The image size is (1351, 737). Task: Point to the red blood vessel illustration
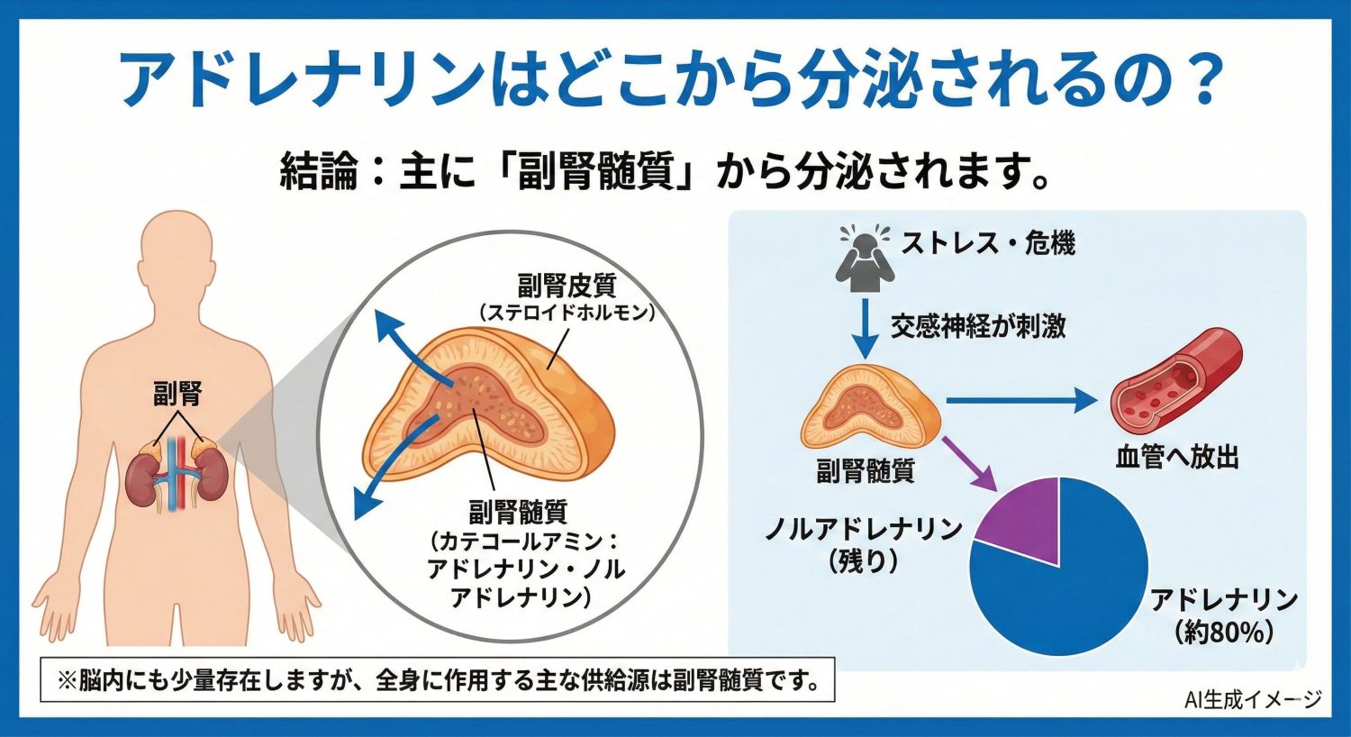[x=1175, y=378]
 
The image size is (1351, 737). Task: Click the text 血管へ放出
[x=1177, y=458]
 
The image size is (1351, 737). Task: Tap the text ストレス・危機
[x=988, y=243]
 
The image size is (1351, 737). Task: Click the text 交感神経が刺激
[x=978, y=325]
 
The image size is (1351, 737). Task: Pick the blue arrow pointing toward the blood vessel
[x=1018, y=401]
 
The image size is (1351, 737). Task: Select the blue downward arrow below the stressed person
[x=865, y=328]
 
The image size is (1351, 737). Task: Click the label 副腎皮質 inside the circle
[x=567, y=286]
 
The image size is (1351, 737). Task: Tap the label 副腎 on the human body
[x=177, y=394]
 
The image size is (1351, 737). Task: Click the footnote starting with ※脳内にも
[x=438, y=680]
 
